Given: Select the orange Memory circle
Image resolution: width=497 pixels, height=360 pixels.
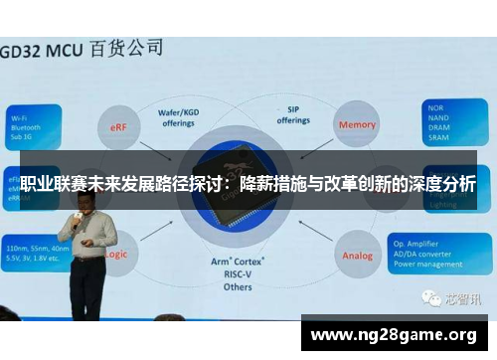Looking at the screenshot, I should pyautogui.click(x=358, y=125).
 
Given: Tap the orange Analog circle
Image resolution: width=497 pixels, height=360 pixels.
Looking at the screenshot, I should pyautogui.click(x=358, y=255).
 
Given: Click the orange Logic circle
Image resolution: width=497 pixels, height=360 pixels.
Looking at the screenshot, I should pyautogui.click(x=115, y=254).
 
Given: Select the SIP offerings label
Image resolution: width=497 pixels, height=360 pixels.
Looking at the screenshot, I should pyautogui.click(x=293, y=114).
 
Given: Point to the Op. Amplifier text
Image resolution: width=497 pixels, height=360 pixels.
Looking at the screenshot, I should pyautogui.click(x=444, y=242).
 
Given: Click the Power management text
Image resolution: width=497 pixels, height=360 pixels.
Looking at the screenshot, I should pyautogui.click(x=452, y=264).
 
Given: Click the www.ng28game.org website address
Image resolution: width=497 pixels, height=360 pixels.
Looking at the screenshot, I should pyautogui.click(x=395, y=334).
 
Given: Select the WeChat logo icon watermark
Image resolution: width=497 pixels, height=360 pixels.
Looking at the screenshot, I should pyautogui.click(x=430, y=297).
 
